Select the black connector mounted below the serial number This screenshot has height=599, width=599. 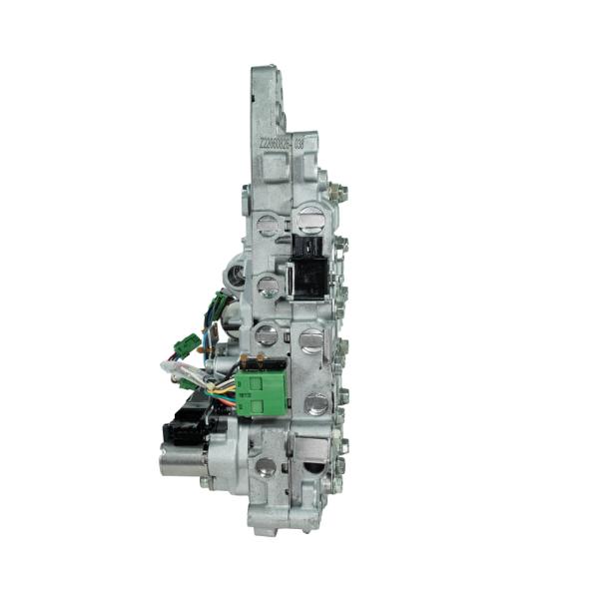pos(308,268)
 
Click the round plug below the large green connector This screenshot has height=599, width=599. pos(265,466)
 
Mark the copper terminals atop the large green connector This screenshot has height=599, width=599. pos(263,360)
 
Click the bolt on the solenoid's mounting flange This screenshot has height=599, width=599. pos(206,482)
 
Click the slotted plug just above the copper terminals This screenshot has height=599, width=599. pos(266,335)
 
